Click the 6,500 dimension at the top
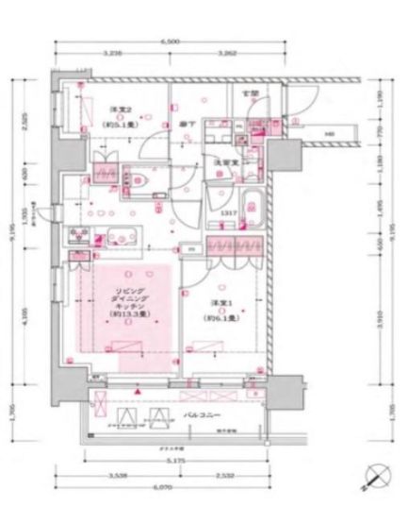point(171,43)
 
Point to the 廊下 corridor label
point(186,123)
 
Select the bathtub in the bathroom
point(252,206)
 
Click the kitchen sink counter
point(115,237)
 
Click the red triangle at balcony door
point(137,387)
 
